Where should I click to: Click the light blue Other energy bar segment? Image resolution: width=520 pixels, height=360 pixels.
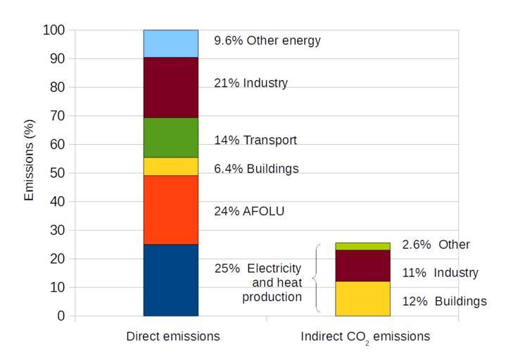(171, 44)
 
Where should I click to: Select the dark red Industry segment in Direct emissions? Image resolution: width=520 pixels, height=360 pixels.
(171, 87)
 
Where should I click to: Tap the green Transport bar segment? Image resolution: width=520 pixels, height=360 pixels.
(171, 137)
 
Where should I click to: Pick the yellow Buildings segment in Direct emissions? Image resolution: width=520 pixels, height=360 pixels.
(171, 166)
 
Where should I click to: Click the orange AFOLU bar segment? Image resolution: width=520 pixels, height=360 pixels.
(171, 210)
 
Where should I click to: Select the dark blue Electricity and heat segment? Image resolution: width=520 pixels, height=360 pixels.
(171, 280)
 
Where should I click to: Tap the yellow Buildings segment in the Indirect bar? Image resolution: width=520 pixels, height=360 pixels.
(362, 298)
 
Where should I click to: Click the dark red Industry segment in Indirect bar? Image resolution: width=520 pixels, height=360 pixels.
(362, 266)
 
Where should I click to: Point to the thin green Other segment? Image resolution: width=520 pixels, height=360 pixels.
(362, 246)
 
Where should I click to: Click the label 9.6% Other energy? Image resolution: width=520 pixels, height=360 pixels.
(267, 40)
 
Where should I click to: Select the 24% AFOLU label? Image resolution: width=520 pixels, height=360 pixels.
(249, 211)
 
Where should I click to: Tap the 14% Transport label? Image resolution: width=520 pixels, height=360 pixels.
(255, 140)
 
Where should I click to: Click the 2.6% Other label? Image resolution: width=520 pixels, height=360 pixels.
(436, 245)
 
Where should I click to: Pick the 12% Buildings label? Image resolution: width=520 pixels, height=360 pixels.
(444, 301)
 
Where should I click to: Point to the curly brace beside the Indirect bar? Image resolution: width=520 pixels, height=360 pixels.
(316, 279)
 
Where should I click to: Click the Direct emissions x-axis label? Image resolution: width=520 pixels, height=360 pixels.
(173, 336)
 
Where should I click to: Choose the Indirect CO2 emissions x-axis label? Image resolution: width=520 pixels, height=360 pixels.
(365, 337)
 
